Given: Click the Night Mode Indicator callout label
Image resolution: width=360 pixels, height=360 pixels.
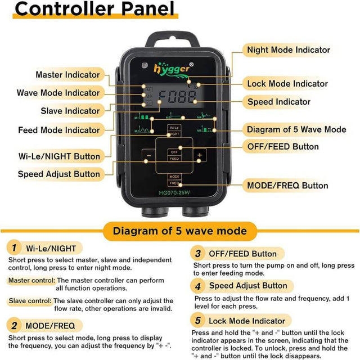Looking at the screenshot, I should pyautogui.click(x=289, y=50).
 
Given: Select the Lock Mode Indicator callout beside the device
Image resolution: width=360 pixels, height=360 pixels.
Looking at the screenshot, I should pyautogui.click(x=287, y=84).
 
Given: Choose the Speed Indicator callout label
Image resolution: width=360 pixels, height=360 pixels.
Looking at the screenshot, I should pyautogui.click(x=279, y=102).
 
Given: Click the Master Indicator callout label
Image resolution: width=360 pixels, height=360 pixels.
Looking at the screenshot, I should pyautogui.click(x=67, y=74).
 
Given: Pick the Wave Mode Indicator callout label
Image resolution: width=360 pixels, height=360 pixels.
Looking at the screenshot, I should pyautogui.click(x=58, y=93).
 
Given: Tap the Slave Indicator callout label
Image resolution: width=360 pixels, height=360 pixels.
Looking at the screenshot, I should pyautogui.click(x=70, y=111).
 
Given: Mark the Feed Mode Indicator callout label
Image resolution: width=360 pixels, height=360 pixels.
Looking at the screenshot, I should pyautogui.click(x=58, y=130).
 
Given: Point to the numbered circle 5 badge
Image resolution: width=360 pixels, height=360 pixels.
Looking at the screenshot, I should pyautogui.click(x=198, y=321).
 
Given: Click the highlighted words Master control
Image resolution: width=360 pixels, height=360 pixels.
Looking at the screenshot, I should pyautogui.click(x=32, y=280).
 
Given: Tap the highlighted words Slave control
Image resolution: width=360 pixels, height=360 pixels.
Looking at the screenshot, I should pyautogui.click(x=30, y=300).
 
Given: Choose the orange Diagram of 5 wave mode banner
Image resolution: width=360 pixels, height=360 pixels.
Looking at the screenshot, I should pyautogui.click(x=179, y=231).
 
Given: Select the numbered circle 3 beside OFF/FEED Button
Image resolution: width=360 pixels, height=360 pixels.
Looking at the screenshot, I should pyautogui.click(x=198, y=253).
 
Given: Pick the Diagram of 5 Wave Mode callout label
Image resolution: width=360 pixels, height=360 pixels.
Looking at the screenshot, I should pyautogui.click(x=296, y=130).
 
